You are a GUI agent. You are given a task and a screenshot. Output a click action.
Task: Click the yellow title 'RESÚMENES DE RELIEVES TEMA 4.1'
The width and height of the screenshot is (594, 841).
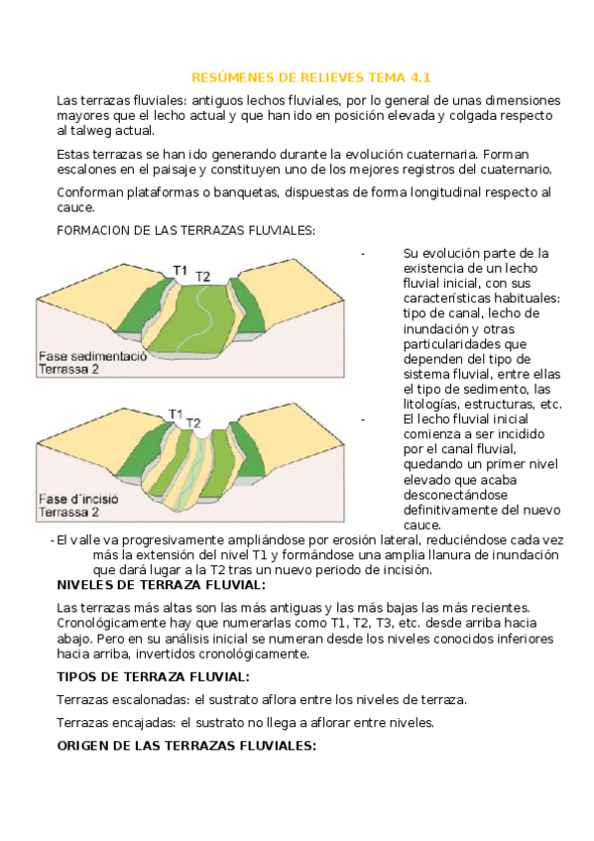pyautogui.click(x=311, y=77)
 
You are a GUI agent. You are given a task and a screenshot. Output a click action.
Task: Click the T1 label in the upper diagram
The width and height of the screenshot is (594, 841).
pyautogui.click(x=180, y=270)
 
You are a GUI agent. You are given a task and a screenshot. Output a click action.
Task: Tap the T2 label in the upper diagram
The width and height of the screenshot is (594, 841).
pyautogui.click(x=202, y=277)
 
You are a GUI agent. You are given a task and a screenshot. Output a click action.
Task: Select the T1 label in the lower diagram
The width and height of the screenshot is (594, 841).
pyautogui.click(x=176, y=414)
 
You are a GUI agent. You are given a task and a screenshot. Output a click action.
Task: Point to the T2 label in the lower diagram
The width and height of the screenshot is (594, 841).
pyautogui.click(x=193, y=423)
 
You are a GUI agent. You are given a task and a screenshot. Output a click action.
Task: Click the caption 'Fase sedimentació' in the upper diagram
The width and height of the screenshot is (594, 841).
pyautogui.click(x=93, y=356)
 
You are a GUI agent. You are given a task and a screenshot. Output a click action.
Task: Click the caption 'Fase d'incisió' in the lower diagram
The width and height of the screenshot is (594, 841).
pyautogui.click(x=78, y=499)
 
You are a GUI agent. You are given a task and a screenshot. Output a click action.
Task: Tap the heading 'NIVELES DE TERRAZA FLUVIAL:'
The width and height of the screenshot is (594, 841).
pyautogui.click(x=162, y=584)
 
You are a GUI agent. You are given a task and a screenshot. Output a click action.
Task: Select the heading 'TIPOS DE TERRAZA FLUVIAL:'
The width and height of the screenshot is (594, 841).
pyautogui.click(x=154, y=677)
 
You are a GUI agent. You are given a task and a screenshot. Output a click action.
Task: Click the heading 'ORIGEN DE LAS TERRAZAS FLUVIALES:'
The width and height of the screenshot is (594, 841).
pyautogui.click(x=186, y=746)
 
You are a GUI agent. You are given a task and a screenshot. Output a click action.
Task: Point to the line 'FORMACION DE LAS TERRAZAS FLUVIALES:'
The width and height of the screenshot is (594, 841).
pyautogui.click(x=186, y=231)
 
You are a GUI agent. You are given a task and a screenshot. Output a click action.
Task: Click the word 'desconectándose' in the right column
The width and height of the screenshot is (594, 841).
pyautogui.click(x=455, y=495)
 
